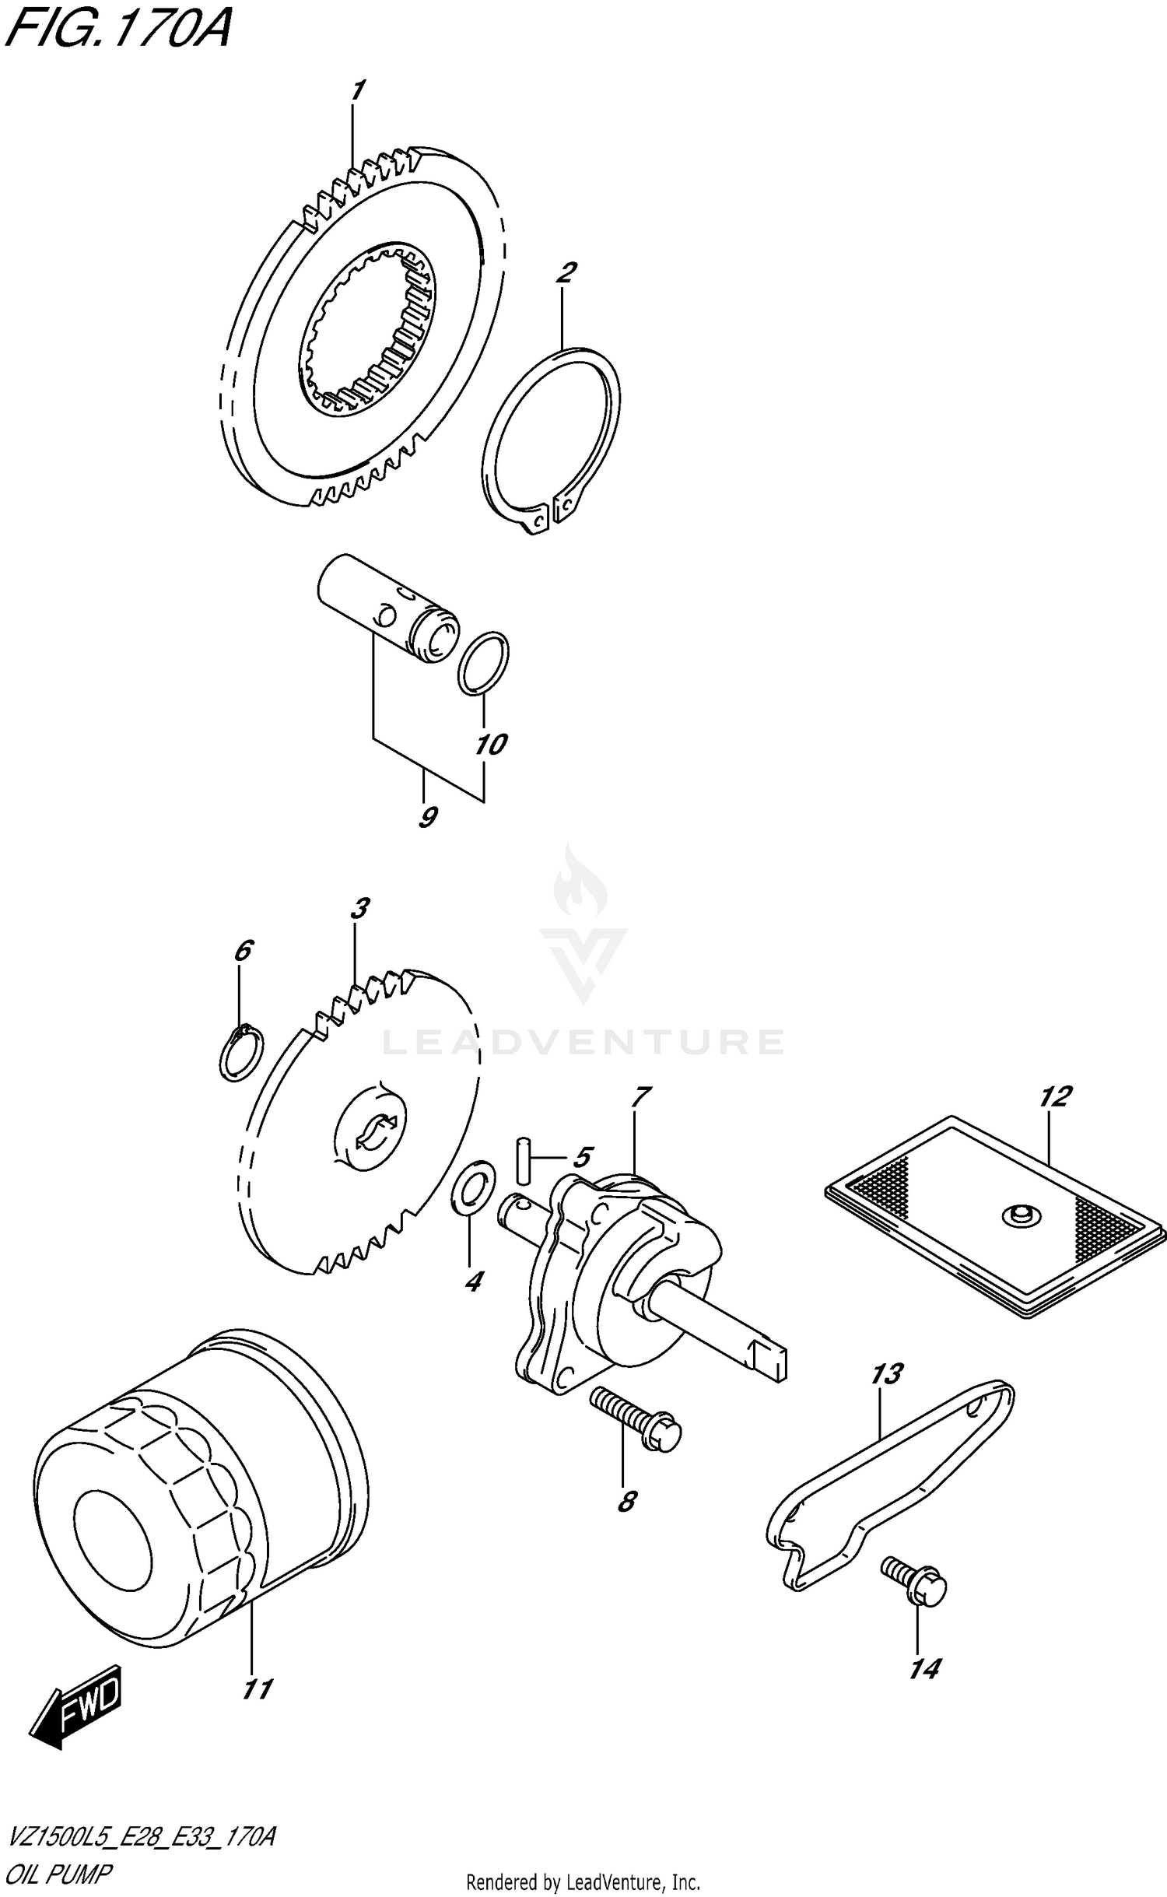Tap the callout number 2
(566, 274)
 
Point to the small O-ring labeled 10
(482, 663)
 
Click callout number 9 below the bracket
(426, 817)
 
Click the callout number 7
(640, 1097)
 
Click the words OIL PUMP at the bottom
(58, 1874)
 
